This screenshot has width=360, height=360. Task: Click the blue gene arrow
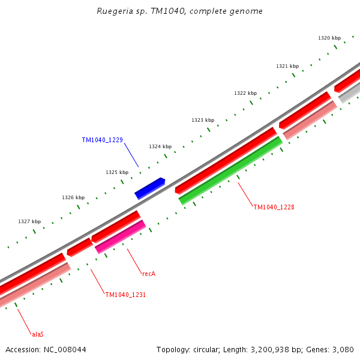[149, 188]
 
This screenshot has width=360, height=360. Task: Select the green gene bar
[230, 171]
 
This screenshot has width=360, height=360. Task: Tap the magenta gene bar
[120, 237]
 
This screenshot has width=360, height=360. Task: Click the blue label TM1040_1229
[102, 140]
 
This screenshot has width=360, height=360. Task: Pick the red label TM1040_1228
[274, 208]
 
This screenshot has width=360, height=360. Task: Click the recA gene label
[149, 274]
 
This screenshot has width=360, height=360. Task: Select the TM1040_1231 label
[125, 295]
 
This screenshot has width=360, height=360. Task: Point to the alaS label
[38, 334]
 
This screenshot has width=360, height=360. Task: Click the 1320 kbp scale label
[329, 38]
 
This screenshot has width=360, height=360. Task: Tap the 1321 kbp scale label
[287, 66]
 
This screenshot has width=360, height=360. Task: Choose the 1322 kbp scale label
[245, 93]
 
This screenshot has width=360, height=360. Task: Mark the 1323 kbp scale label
[203, 120]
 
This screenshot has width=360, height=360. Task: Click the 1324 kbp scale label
[160, 146]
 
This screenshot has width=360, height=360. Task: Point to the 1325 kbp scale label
[117, 172]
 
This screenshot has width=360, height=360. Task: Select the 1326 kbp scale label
[73, 197]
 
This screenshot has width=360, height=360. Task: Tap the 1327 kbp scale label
[29, 221]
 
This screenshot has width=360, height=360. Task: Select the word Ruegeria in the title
[115, 11]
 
